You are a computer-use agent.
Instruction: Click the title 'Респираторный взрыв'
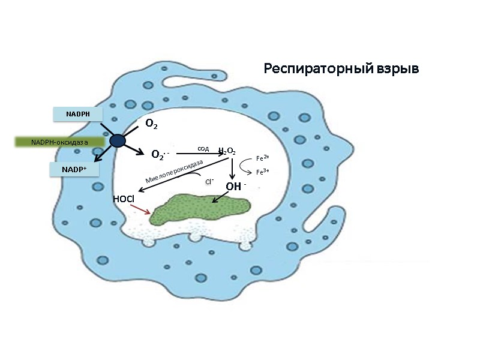(x=341, y=69)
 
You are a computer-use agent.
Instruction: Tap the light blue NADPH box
(x=77, y=113)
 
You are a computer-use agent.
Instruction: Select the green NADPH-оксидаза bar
(x=60, y=142)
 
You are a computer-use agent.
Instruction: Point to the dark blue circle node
(x=118, y=140)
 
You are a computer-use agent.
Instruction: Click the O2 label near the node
(x=151, y=124)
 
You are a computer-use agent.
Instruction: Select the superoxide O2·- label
(x=160, y=155)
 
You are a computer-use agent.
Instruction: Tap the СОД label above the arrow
(x=203, y=148)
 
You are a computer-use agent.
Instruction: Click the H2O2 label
(x=227, y=152)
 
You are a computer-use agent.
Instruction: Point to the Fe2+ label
(x=262, y=158)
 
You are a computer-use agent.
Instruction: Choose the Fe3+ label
(x=262, y=172)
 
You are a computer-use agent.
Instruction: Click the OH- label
(x=234, y=187)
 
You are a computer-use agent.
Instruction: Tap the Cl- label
(x=209, y=181)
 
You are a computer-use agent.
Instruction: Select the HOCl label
(x=123, y=199)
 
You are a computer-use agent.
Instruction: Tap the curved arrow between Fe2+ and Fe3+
(x=247, y=166)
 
